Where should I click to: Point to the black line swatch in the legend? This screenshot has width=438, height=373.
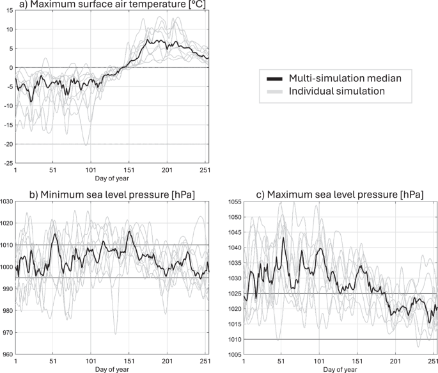click(274, 78)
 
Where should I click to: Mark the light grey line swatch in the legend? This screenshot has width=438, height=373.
click(274, 91)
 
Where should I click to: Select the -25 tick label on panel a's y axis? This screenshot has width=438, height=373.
click(8, 163)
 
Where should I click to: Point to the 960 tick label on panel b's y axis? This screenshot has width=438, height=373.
click(8, 354)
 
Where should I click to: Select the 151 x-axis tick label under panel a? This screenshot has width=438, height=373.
click(130, 171)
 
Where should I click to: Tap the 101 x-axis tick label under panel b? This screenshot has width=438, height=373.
click(91, 361)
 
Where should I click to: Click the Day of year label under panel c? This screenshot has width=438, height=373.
click(340, 369)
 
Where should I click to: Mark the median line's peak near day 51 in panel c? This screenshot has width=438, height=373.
click(283, 238)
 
